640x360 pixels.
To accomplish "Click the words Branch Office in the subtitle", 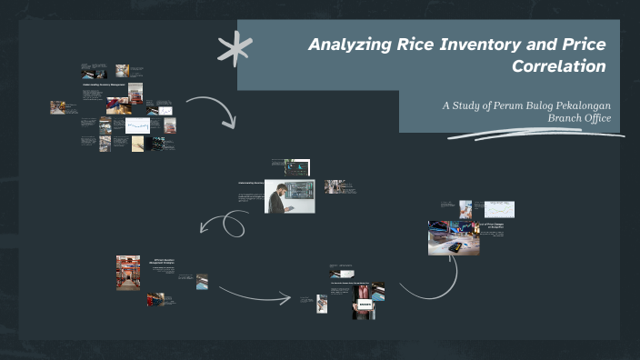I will pos(579,118).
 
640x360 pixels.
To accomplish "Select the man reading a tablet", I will pos(284,196).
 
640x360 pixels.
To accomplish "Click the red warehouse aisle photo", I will pos(128,273).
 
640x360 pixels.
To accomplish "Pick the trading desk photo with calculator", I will pos(454,237).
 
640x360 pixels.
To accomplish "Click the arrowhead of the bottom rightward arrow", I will pos(289,297).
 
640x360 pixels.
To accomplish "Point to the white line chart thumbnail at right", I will pos(499,209).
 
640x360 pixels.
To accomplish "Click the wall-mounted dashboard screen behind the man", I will pos(302,189).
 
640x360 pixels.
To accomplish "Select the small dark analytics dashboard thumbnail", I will pos(297,167).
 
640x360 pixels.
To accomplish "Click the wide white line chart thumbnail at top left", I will pos(137,125).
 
